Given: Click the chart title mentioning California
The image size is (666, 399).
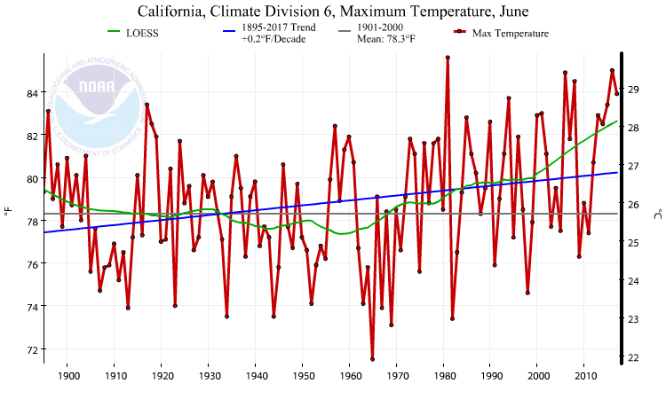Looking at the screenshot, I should pos(333,12).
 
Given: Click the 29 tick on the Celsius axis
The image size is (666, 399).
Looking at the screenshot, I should pos(633,89).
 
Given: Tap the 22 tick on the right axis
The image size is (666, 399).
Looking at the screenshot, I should pos(633,357).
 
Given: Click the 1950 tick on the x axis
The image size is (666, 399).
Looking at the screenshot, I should pos(303,376).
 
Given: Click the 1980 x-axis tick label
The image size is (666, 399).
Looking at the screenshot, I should pos(443,376).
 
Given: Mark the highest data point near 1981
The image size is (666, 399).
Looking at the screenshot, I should pos(448,57).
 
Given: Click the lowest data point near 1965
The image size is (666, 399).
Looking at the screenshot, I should pos(372,359).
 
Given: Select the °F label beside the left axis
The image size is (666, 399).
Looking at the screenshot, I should pos(8,212).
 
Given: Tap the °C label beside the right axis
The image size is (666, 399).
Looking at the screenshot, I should pos(657,212).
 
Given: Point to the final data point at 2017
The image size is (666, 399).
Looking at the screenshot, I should pos(616,93).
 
